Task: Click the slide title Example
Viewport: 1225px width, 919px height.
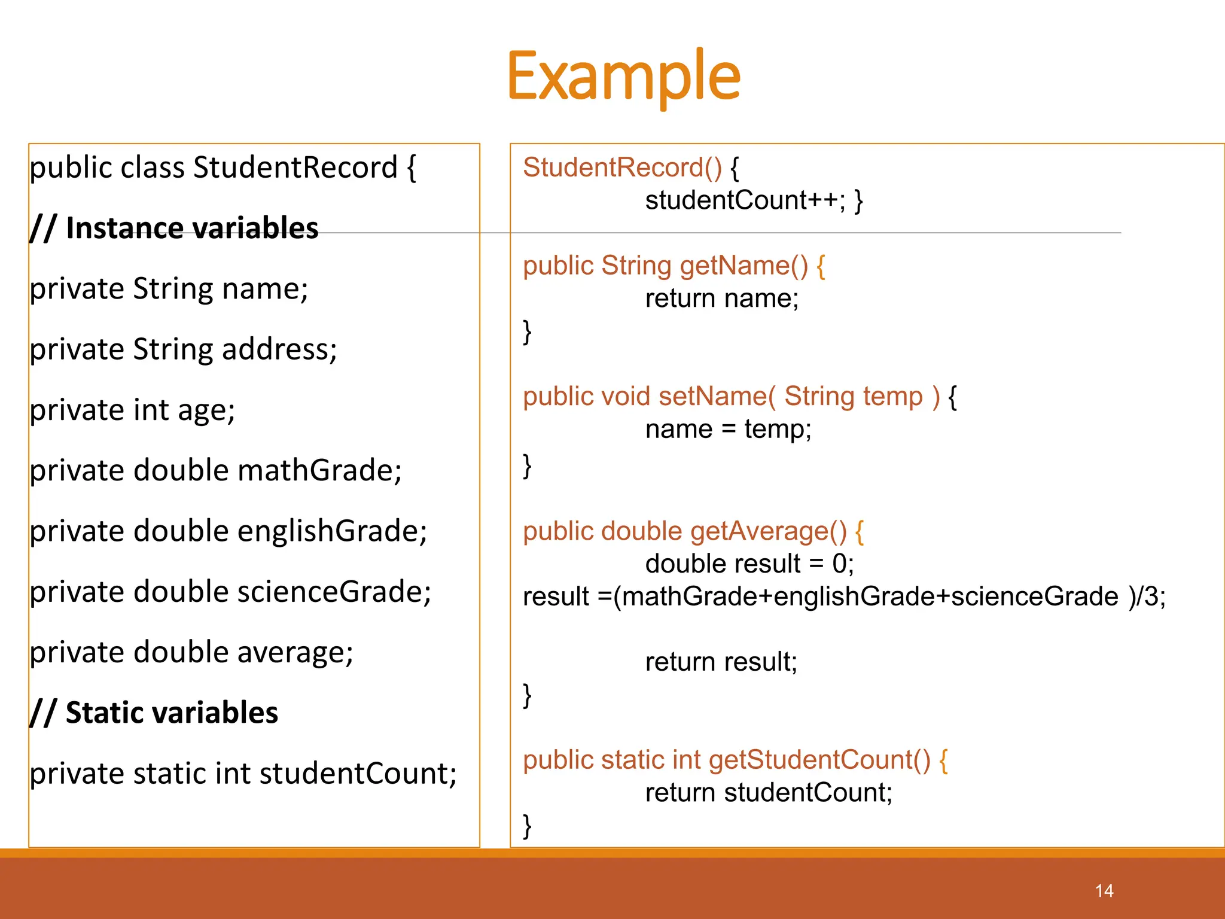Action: (x=623, y=77)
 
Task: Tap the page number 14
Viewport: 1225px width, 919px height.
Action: (x=1104, y=891)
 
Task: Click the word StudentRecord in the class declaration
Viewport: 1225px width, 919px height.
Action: (x=295, y=168)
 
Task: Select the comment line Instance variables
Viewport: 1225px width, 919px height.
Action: (x=175, y=229)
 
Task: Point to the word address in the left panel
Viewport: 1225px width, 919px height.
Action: (x=279, y=349)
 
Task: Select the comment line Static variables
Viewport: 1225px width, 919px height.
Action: (x=154, y=713)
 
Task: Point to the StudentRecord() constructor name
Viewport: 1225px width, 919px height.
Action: (x=622, y=168)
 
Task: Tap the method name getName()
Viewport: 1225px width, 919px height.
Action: (x=743, y=266)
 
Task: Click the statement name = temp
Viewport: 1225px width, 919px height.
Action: (x=728, y=430)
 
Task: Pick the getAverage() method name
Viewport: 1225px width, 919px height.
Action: (x=768, y=531)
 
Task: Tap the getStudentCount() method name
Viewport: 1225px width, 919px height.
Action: (x=819, y=760)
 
